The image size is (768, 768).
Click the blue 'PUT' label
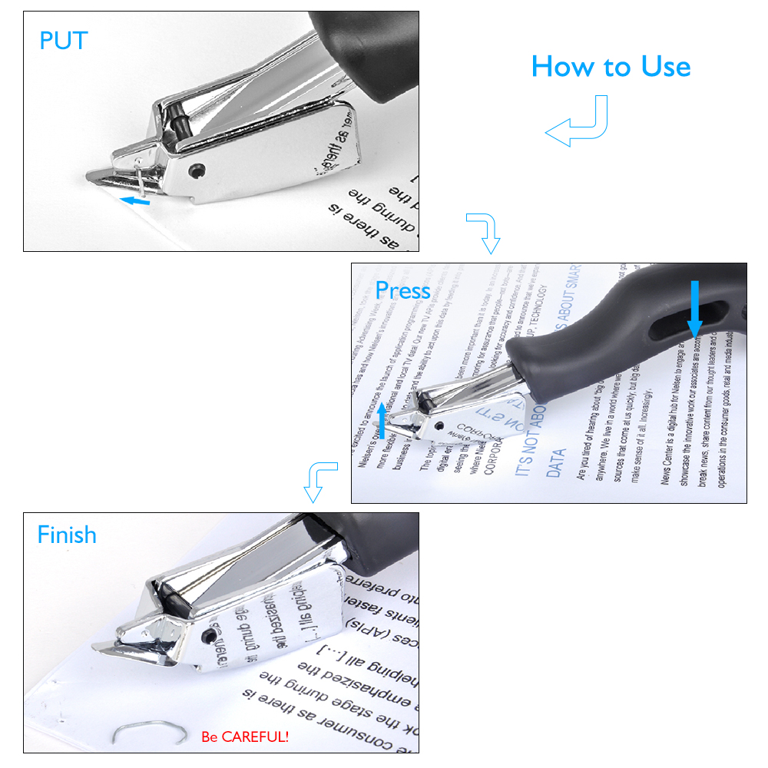coord(64,40)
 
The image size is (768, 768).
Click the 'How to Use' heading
coord(611,67)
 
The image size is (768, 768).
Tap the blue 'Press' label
coord(402,290)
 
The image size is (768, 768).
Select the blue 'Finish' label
coord(67,534)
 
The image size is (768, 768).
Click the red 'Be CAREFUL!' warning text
coord(245,737)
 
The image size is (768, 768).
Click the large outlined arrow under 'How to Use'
coord(578,123)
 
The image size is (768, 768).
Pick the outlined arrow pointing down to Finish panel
coord(318,481)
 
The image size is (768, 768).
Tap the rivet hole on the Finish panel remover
coord(208,637)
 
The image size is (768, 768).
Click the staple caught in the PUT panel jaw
coord(137,175)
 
